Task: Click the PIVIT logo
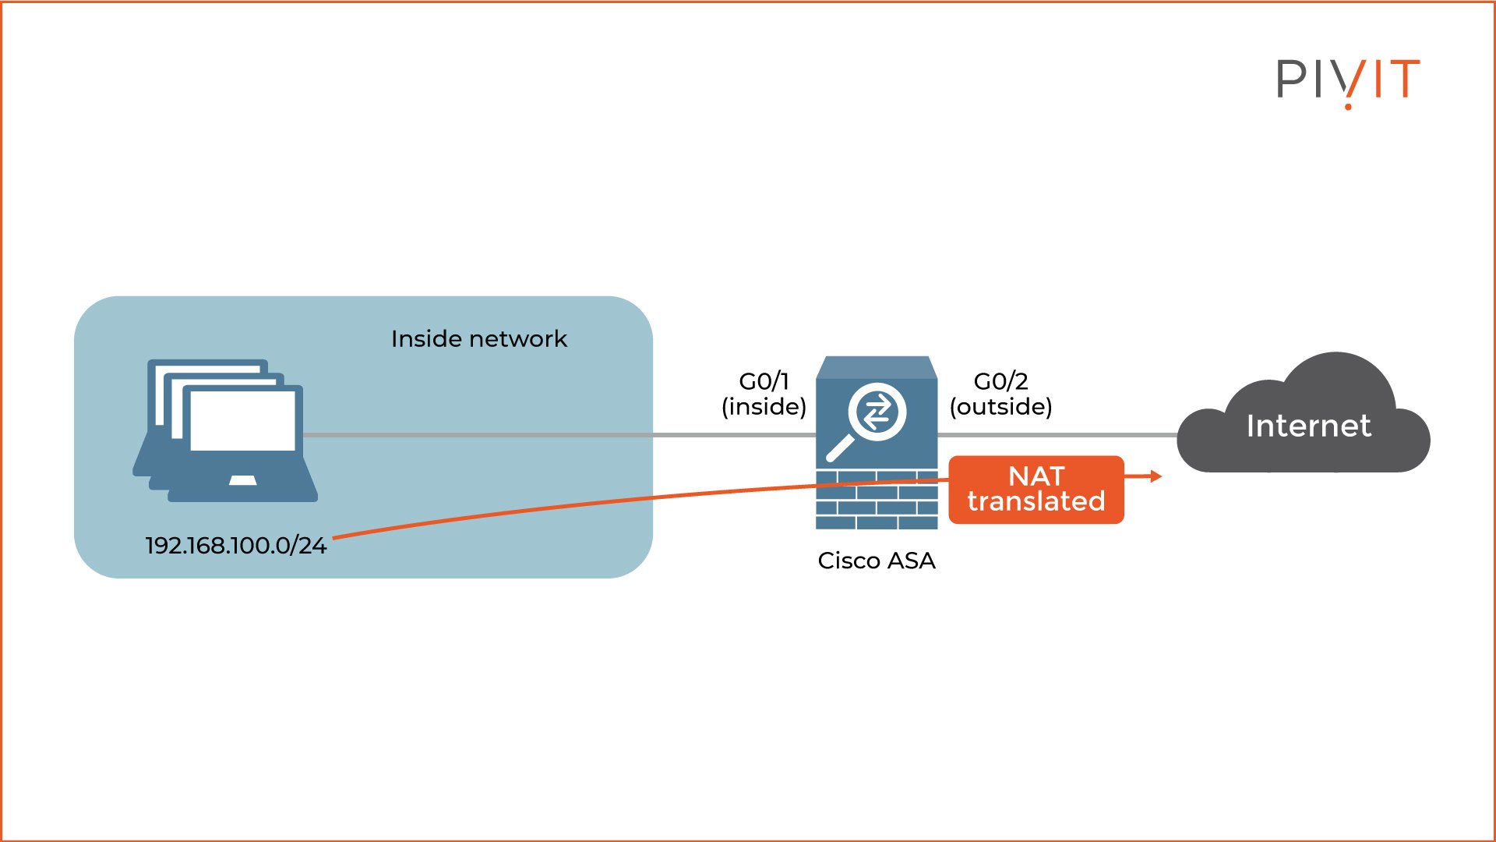point(1347,80)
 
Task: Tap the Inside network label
point(478,339)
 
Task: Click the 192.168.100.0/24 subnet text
point(235,545)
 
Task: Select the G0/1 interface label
point(764,381)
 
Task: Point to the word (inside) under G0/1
point(764,407)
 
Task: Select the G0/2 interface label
point(1000,381)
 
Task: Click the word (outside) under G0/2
point(1000,407)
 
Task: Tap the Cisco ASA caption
point(876,561)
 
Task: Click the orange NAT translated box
point(1036,489)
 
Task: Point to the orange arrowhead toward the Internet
point(1156,476)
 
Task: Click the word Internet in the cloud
point(1308,426)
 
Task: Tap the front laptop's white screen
point(242,421)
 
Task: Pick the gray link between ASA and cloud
point(1060,435)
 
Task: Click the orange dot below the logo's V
point(1348,106)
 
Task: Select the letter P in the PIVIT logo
point(1290,80)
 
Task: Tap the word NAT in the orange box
point(1036,476)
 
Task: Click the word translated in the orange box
point(1036,501)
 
